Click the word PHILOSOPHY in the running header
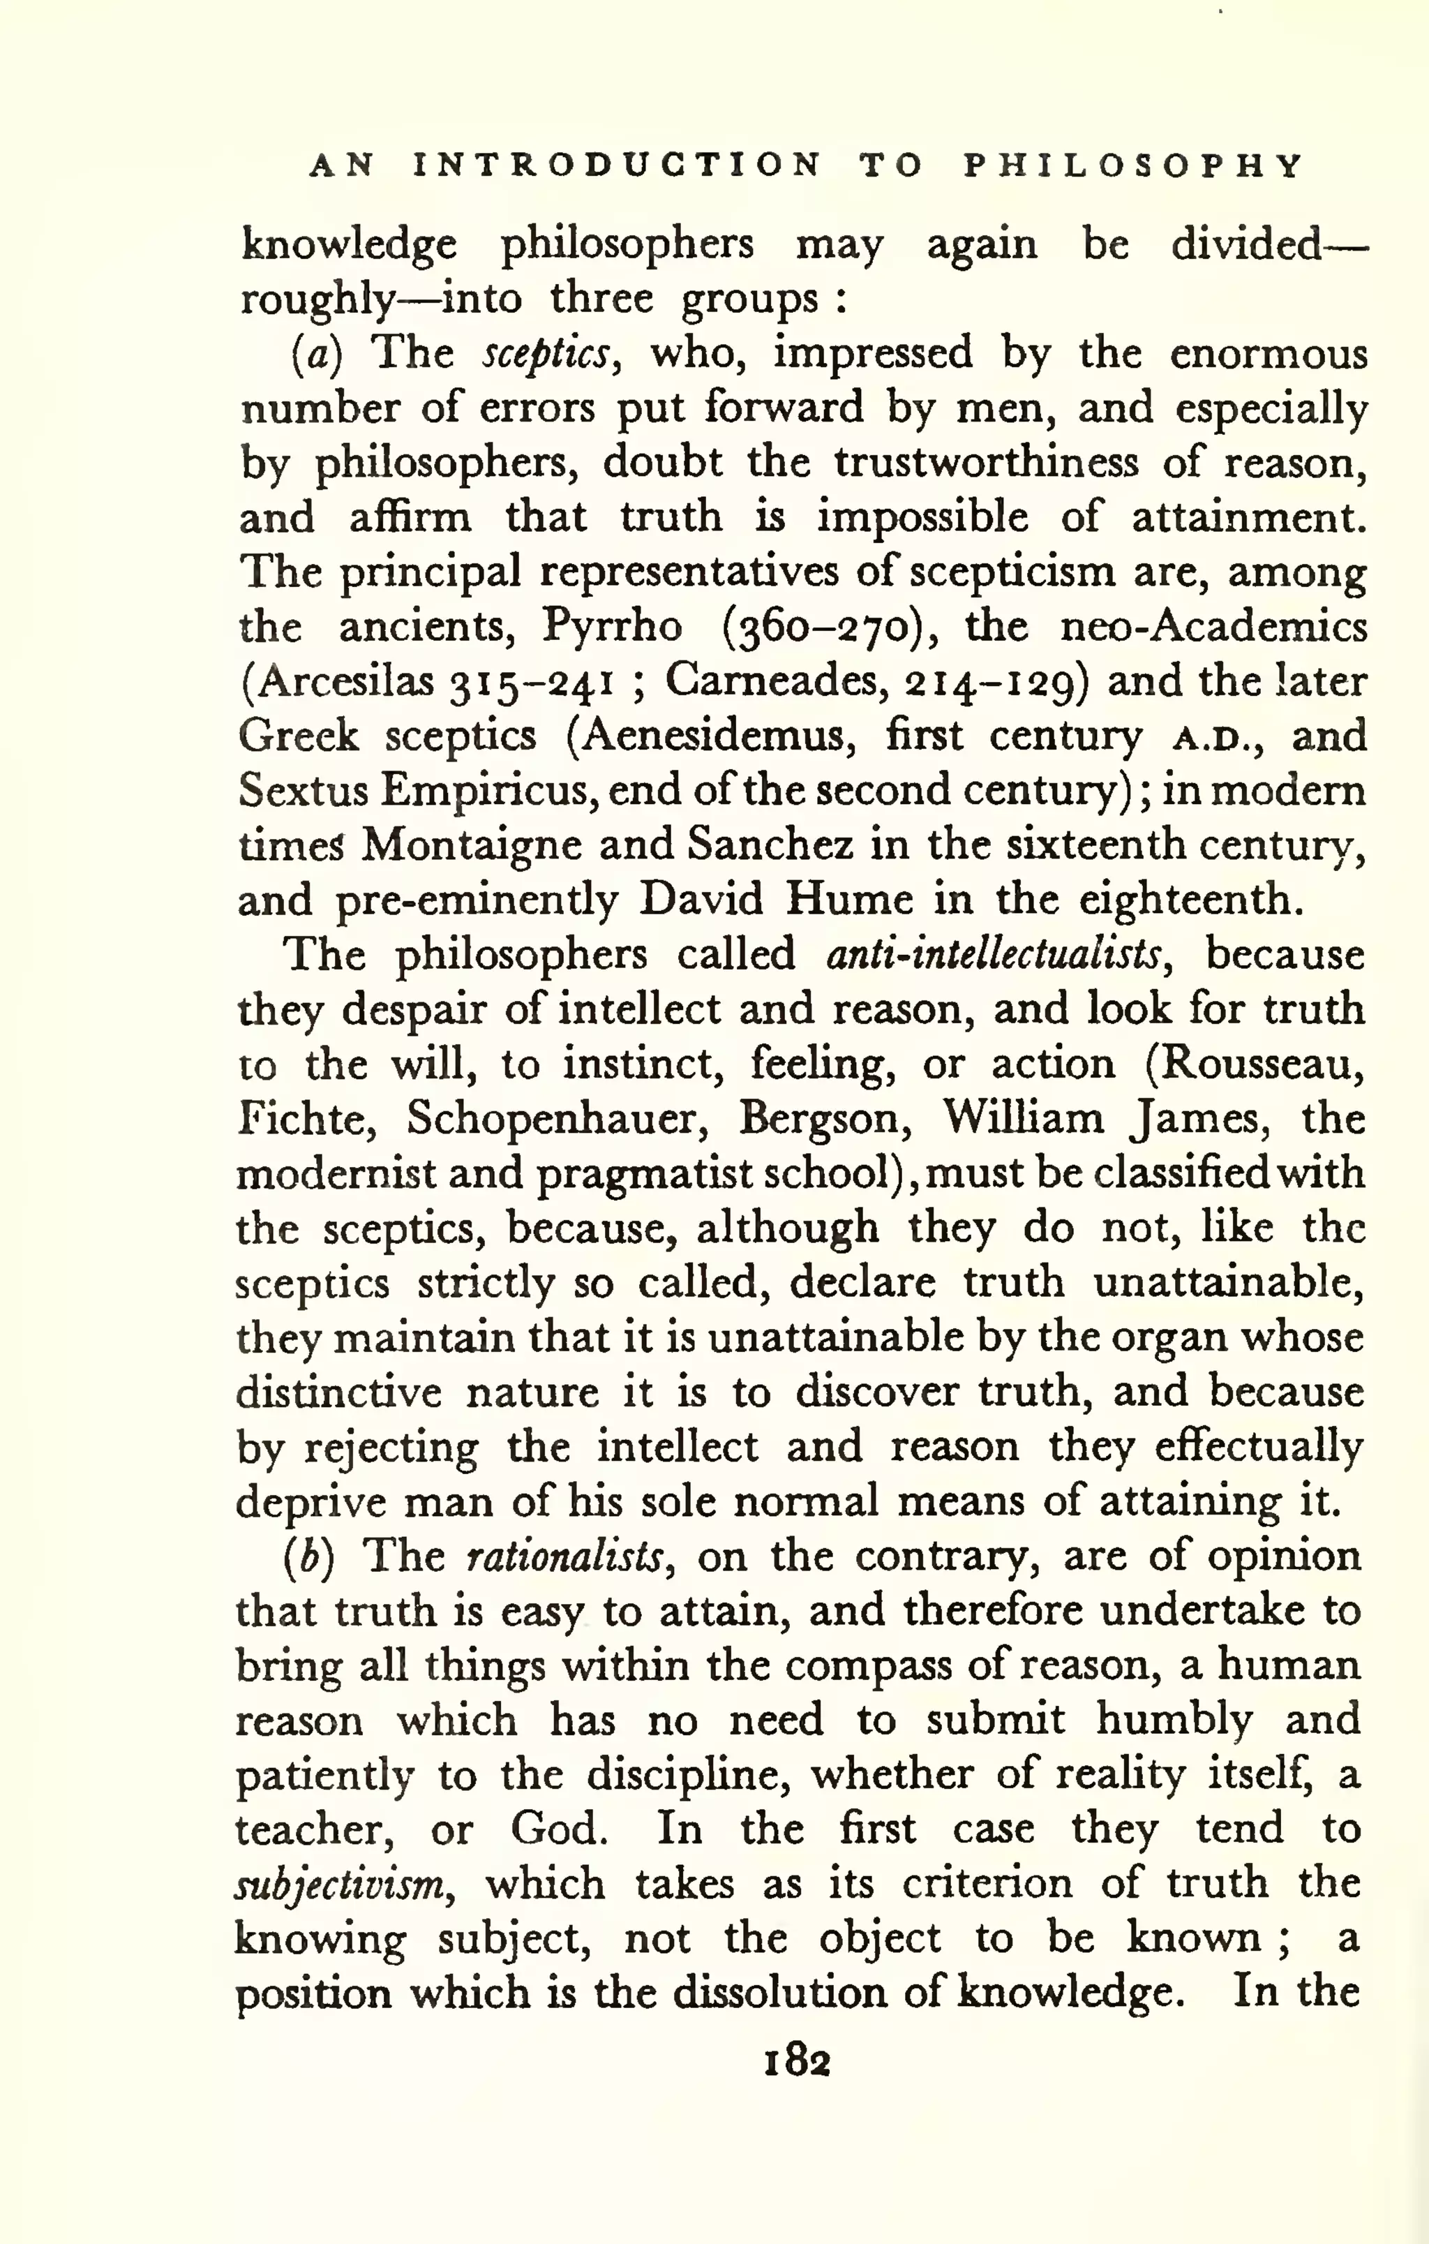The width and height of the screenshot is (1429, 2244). click(x=1134, y=166)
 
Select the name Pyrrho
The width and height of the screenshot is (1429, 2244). click(x=612, y=626)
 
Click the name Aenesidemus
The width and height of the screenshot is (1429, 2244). click(x=719, y=736)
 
